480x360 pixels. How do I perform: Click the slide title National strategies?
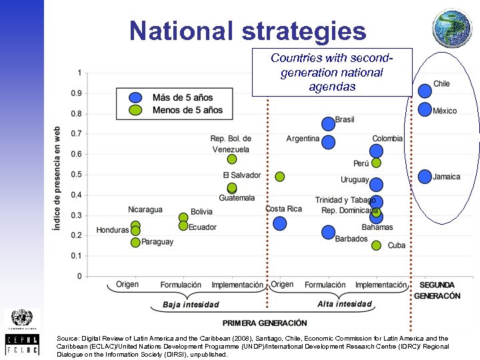coord(248,31)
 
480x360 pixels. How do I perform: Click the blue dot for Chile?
coord(425,91)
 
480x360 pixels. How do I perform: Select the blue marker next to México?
coord(425,109)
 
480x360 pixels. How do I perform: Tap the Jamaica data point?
coord(425,177)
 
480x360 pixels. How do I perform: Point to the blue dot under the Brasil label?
coord(328,123)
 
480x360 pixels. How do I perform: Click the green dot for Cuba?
coord(376,245)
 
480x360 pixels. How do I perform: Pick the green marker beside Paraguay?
coord(135,243)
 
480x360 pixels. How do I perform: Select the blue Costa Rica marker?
coord(279,223)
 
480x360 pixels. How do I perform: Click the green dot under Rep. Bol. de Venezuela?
coord(231,159)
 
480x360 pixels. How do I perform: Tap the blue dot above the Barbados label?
coord(328,232)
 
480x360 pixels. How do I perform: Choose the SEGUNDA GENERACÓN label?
coord(437,290)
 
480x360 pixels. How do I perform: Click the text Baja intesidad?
coord(191,305)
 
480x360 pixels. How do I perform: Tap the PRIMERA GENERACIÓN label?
coord(265,323)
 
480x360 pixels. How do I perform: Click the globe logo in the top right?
coord(451,28)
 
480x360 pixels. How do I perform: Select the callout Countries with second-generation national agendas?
coord(331,73)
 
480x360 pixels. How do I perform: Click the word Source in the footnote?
coord(69,338)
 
